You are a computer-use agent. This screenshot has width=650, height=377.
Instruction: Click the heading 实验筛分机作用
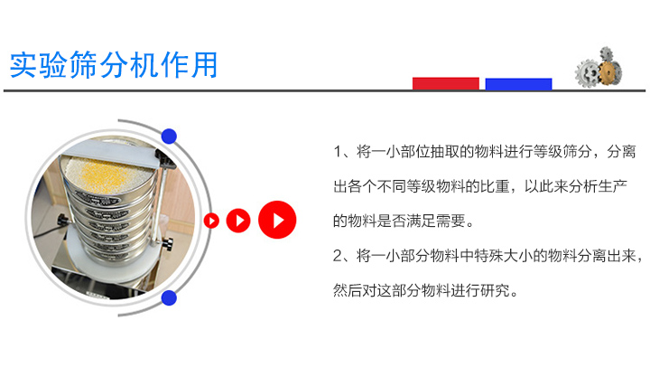[x=114, y=65]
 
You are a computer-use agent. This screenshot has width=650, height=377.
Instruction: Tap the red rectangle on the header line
[x=446, y=83]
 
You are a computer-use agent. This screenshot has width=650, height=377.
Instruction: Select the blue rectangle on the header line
[x=518, y=83]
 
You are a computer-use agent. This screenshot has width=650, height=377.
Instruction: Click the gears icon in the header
[x=598, y=67]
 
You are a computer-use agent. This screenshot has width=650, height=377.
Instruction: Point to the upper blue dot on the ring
[x=169, y=137]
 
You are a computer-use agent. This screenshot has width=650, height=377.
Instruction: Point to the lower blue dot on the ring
[x=169, y=297]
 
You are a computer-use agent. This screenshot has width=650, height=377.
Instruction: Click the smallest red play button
[x=211, y=220]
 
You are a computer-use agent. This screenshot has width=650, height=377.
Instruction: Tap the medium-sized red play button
[x=238, y=220]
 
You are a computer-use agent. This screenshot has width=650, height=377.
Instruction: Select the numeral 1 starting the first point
[x=338, y=152]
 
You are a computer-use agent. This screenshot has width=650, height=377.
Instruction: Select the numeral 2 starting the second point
[x=338, y=256]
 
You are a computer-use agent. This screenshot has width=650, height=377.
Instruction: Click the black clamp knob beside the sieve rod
[x=167, y=243]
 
